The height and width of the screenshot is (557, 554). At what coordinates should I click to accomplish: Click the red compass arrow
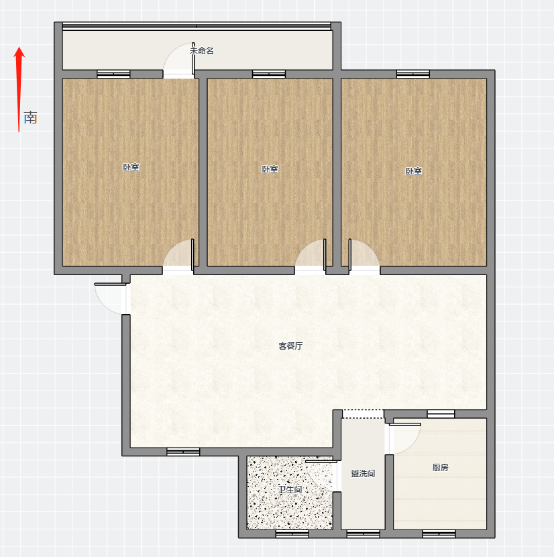[19, 89]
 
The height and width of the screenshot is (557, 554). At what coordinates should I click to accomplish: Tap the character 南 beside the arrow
[31, 117]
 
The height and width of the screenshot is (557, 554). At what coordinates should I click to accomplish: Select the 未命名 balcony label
[202, 51]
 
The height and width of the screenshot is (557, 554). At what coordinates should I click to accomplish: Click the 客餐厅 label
[290, 346]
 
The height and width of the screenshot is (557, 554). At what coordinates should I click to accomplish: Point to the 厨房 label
[441, 468]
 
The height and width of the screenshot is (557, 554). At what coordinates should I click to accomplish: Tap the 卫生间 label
[290, 489]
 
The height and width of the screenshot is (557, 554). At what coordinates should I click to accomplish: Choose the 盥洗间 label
[363, 474]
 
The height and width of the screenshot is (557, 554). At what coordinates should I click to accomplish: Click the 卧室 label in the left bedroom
[131, 167]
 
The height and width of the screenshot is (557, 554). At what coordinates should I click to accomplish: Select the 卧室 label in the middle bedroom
[270, 169]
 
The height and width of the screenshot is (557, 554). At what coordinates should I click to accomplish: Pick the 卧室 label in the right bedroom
[414, 171]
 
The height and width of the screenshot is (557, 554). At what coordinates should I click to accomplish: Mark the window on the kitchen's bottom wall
[439, 534]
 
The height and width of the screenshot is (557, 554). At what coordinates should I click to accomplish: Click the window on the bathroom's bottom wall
[292, 534]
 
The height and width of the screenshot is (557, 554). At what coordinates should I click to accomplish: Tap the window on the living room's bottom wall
[183, 452]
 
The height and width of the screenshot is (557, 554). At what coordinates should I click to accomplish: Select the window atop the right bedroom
[413, 74]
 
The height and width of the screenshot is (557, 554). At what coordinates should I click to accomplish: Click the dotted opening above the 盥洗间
[363, 414]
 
